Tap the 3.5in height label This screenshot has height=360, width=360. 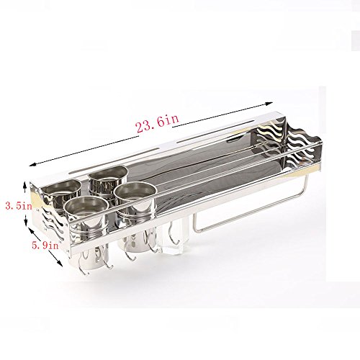19,206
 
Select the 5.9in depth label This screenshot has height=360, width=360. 45,245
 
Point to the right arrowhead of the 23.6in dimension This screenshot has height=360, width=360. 269,104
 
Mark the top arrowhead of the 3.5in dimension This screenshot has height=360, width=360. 24,184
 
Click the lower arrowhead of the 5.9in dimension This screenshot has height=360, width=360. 60,264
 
